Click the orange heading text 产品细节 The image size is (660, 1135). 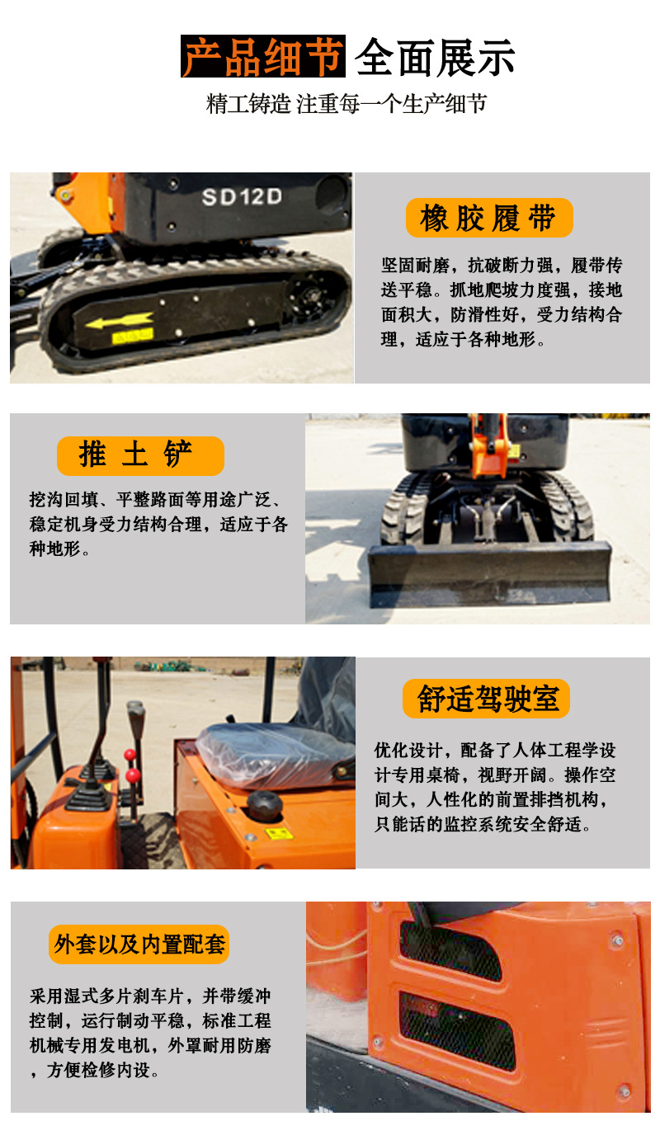(x=262, y=57)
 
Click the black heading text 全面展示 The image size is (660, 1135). (x=435, y=57)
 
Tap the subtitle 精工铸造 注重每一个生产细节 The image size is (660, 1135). (x=346, y=104)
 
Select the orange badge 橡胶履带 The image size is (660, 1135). (x=488, y=218)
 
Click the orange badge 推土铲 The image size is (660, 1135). (x=139, y=455)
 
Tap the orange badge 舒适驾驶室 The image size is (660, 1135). (x=486, y=699)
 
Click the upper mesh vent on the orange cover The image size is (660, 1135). (x=450, y=949)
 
